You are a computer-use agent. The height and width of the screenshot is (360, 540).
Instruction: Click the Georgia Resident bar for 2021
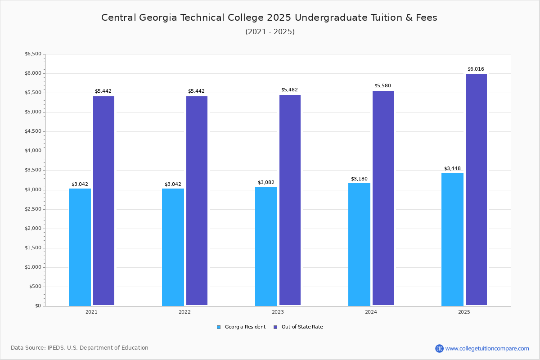80,247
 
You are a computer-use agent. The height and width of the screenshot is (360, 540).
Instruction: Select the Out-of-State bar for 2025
476,189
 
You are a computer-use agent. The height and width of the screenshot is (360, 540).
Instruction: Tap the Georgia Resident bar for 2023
266,246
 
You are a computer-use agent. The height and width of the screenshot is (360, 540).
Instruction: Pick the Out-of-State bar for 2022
197,201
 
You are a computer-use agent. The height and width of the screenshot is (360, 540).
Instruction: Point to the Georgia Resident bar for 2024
359,244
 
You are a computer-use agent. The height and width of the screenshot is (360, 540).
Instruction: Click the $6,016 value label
476,69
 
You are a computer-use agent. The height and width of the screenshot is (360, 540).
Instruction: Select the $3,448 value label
452,169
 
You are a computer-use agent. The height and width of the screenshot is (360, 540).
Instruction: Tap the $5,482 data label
289,90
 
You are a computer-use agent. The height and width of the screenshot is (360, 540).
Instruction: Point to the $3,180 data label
359,179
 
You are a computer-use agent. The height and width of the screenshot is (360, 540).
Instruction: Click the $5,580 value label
382,86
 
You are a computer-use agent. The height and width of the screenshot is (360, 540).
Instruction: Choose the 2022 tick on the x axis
184,312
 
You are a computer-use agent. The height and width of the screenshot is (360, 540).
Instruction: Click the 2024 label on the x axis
371,312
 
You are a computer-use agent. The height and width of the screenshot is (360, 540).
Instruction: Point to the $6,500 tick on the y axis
33,54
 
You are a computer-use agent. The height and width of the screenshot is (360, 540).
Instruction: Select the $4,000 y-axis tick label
33,151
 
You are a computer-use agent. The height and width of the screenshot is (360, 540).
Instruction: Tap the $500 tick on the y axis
35,287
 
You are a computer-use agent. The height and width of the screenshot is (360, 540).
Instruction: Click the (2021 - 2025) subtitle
270,32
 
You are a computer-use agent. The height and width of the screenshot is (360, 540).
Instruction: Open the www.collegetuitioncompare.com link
487,348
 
